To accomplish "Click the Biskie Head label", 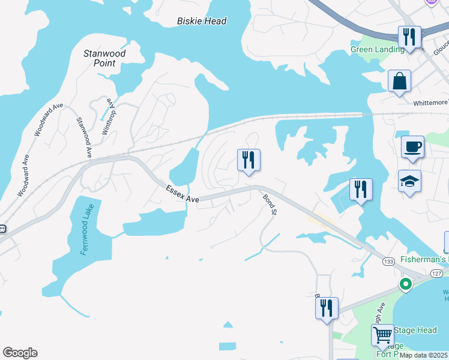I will point(202,21).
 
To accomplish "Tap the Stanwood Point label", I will point(104,58).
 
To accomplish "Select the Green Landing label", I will point(378,50).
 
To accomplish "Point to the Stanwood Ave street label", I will point(83,137).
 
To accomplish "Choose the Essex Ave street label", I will point(182,193).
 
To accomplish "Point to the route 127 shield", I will point(436,273).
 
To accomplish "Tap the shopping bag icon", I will point(399,81).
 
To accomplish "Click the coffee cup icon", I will point(412,146).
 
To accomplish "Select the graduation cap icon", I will point(409,181).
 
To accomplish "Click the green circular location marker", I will point(406,284).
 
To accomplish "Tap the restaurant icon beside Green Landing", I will point(409,37).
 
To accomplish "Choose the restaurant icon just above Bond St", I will point(249,160).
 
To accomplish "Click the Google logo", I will point(20,353).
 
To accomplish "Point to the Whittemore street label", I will point(430,103).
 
